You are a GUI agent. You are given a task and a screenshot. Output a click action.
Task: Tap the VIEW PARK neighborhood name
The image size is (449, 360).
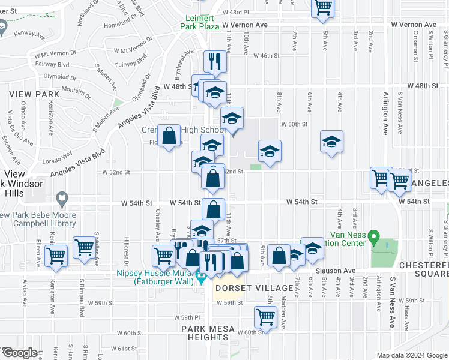(34, 94)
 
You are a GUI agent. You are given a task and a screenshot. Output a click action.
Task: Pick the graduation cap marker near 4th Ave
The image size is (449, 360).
(331, 142)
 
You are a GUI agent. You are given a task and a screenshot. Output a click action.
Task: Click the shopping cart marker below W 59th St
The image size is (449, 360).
(265, 316)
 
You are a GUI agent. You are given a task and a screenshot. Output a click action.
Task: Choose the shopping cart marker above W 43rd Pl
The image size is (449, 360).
(323, 7)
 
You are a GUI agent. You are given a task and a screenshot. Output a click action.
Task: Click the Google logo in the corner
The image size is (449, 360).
(19, 353)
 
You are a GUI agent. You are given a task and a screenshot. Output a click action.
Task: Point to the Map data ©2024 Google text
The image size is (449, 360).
(412, 355)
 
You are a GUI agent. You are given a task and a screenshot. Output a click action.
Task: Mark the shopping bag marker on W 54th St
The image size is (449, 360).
(213, 209)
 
